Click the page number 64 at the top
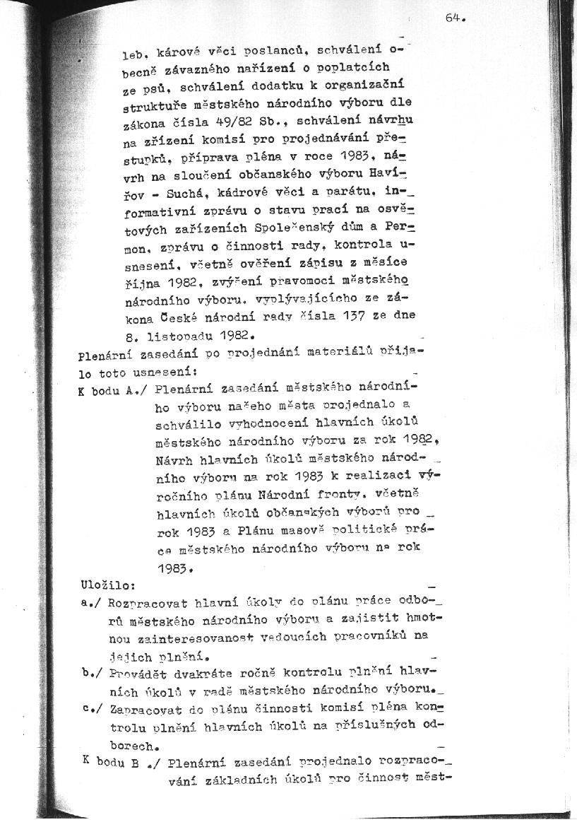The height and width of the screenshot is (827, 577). coord(453,19)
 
